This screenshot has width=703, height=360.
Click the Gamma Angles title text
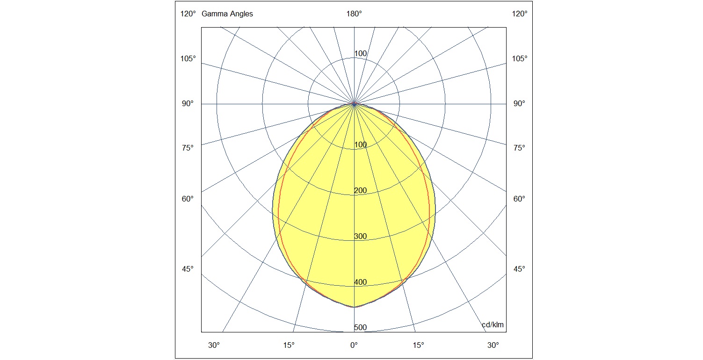[x=227, y=14]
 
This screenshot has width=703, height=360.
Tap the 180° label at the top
[x=354, y=14]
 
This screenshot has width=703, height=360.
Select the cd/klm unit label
[x=493, y=325]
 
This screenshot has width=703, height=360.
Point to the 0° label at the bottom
[x=354, y=346]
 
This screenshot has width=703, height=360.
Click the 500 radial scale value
[x=360, y=328]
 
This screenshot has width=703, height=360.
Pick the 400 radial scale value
[x=360, y=282]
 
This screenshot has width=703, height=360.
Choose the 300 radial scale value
[x=360, y=237]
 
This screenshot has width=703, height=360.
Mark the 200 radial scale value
[x=360, y=191]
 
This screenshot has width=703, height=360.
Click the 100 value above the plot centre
[x=360, y=54]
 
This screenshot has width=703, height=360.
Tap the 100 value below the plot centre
[x=360, y=145]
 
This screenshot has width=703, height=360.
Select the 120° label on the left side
[x=188, y=14]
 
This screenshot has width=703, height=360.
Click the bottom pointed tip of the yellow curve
[x=354, y=307]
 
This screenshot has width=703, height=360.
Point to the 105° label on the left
[x=188, y=59]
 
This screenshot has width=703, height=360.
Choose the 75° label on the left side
[x=188, y=148]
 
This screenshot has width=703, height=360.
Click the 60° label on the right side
[x=519, y=199]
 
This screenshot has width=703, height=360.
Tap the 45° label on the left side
[x=188, y=269]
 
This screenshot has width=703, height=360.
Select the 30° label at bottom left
[x=214, y=346]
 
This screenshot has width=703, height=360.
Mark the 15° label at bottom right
[x=419, y=346]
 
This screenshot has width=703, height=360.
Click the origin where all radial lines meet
[x=354, y=104]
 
